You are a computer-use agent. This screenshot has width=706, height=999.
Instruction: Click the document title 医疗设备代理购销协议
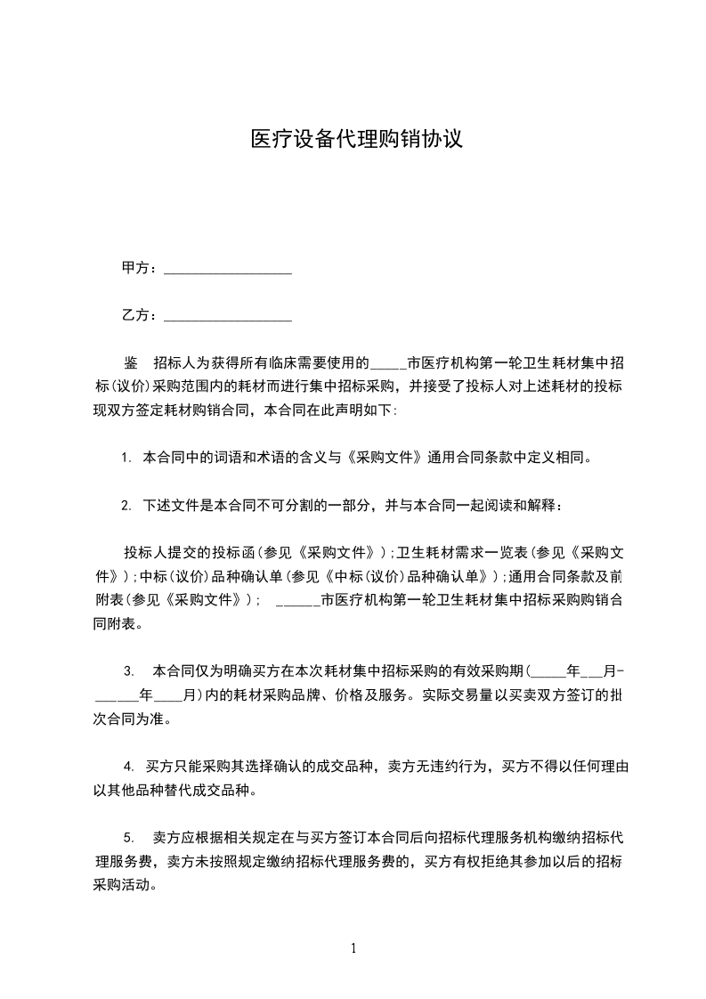click(356, 140)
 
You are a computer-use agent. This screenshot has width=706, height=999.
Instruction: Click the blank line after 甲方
click(229, 269)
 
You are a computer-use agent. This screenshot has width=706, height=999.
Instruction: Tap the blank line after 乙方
click(229, 316)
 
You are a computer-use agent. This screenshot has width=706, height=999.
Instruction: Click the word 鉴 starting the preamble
click(130, 363)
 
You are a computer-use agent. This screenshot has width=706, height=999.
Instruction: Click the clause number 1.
click(126, 459)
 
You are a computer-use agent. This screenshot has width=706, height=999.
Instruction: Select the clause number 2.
click(126, 506)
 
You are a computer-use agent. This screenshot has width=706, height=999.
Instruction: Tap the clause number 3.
click(129, 670)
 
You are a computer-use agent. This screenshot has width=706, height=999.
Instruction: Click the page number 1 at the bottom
click(353, 947)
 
